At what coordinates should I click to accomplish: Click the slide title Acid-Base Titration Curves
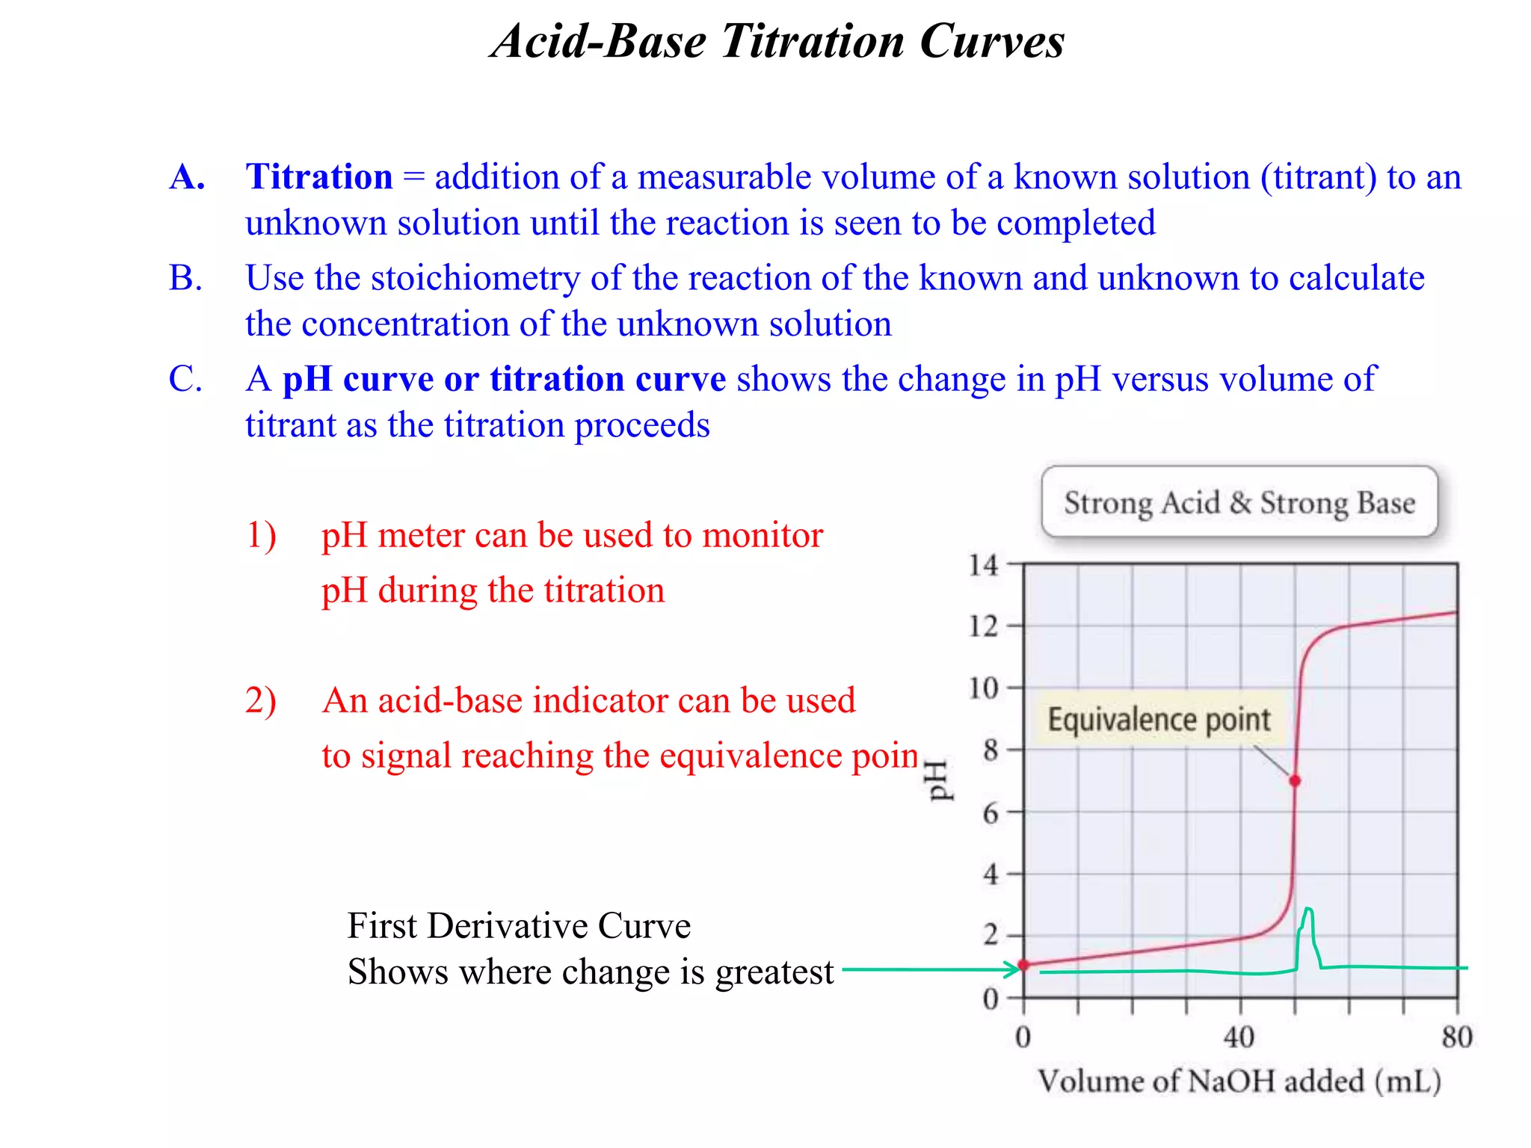point(777,41)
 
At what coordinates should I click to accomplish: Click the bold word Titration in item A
point(319,177)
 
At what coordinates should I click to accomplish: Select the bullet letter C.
point(185,379)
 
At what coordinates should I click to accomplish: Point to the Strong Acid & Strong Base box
point(1239,502)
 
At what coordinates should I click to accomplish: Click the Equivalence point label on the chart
point(1158,720)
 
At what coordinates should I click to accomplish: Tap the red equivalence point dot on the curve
point(1296,780)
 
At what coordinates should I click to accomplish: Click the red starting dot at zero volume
point(1023,965)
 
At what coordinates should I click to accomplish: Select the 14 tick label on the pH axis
point(983,565)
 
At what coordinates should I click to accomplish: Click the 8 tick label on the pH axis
point(991,750)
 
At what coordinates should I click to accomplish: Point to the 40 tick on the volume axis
point(1239,1037)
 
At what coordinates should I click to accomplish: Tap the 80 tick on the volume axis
point(1457,1037)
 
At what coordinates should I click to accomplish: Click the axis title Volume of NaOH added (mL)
point(1239,1081)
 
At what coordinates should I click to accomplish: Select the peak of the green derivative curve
point(1307,910)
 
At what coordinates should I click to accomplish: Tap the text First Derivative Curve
point(519,926)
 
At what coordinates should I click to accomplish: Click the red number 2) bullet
point(261,701)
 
